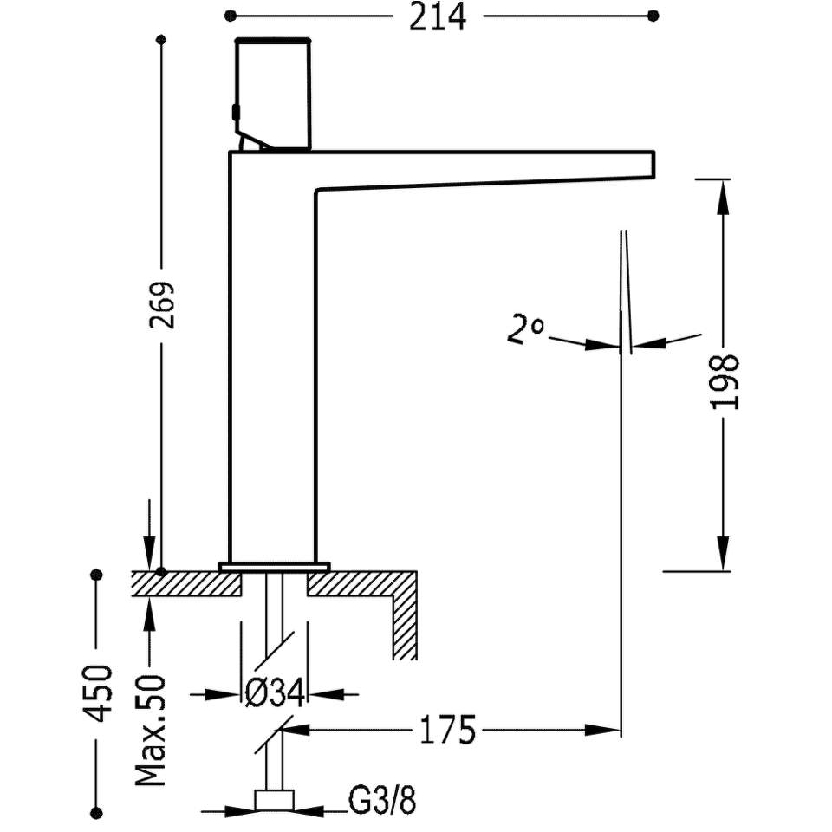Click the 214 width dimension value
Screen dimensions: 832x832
coord(437,17)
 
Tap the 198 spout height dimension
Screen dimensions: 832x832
coord(724,382)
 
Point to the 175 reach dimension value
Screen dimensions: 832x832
coord(447,730)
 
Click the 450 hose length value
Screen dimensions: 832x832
coord(99,693)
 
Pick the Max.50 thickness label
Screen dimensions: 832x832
coord(150,731)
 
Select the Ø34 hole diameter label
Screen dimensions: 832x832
coord(276,693)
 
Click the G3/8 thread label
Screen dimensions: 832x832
coord(382,800)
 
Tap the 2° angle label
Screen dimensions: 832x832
coord(525,330)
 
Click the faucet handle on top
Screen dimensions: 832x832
coord(272,94)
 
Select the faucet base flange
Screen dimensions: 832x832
coord(274,566)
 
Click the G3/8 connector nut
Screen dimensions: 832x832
coord(275,800)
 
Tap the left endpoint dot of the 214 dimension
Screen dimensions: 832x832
coord(230,16)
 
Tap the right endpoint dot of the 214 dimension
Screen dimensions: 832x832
coord(653,16)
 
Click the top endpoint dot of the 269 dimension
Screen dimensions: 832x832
coord(162,39)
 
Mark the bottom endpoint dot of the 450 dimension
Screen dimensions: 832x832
coord(96,811)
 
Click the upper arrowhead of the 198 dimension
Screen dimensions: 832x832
coord(722,197)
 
